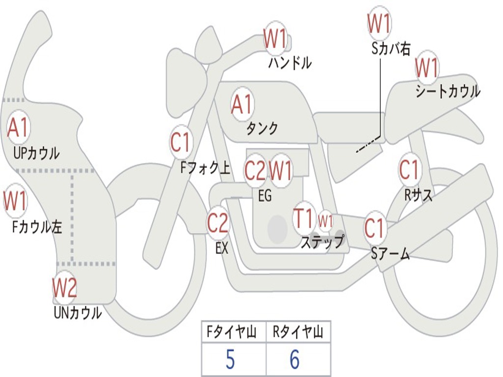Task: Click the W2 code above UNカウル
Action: pyautogui.click(x=65, y=288)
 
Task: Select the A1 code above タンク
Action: pyautogui.click(x=242, y=104)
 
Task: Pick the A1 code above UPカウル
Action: pyautogui.click(x=18, y=128)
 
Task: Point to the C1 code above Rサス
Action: pyautogui.click(x=409, y=170)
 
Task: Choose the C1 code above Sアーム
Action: pyautogui.click(x=375, y=228)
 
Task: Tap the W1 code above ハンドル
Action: pyautogui.click(x=275, y=39)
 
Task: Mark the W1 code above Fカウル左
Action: pyautogui.click(x=15, y=201)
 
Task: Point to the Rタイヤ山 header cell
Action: pyautogui.click(x=298, y=333)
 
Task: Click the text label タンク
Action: pyautogui.click(x=262, y=129)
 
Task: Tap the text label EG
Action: pyautogui.click(x=265, y=195)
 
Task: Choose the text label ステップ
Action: pyautogui.click(x=322, y=242)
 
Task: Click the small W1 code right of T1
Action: pyautogui.click(x=326, y=220)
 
